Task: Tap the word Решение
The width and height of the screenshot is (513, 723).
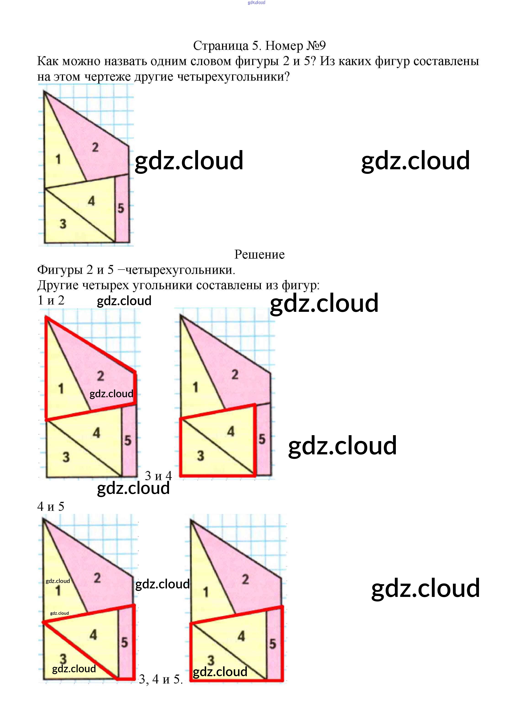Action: point(259,254)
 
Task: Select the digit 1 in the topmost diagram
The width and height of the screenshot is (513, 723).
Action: point(58,159)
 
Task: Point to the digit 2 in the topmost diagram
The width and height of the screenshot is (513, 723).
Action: point(95,147)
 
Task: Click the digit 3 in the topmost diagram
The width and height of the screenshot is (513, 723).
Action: point(63,224)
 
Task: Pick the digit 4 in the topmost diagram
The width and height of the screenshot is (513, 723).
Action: point(91,201)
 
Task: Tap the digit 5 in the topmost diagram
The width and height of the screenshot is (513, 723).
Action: point(121,208)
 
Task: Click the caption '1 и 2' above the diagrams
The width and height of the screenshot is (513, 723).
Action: point(51,300)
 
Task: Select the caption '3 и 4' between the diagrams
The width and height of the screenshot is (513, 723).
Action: point(158,476)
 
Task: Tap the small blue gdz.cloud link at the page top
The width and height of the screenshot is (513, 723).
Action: point(256,3)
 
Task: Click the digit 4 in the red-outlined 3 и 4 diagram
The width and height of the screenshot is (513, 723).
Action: point(231,431)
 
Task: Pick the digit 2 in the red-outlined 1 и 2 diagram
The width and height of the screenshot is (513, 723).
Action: point(100,376)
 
